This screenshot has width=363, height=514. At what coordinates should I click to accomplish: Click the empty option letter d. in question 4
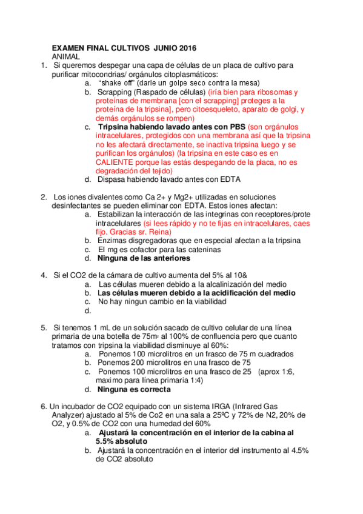[88, 310]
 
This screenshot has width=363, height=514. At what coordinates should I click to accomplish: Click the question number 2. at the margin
[44, 198]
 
